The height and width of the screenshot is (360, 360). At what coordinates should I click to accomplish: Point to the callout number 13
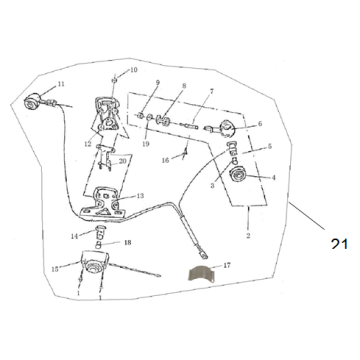tap(140, 196)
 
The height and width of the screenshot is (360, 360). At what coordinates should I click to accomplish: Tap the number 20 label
tap(122, 160)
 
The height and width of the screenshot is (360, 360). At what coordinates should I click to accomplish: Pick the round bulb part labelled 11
tap(34, 100)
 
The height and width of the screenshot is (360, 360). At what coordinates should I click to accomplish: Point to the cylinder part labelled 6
tap(227, 127)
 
